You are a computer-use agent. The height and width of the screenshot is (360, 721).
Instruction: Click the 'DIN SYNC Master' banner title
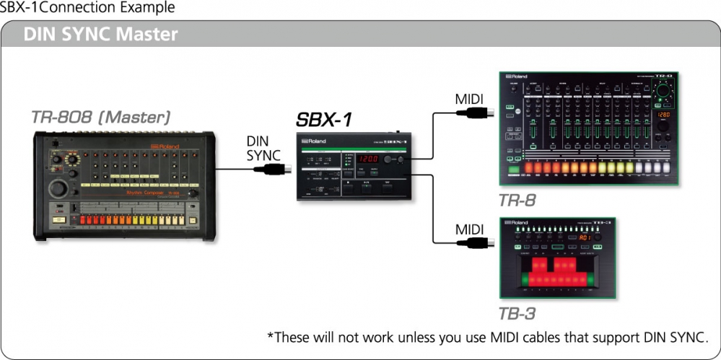[100, 34]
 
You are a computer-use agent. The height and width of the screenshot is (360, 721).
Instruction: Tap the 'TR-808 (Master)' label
[100, 116]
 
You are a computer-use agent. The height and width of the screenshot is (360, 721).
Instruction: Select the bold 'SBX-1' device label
[324, 120]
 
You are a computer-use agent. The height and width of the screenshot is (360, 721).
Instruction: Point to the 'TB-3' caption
[517, 314]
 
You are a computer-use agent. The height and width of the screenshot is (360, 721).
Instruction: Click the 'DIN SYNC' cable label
[263, 149]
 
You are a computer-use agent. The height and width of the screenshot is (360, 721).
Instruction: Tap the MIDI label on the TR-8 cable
[469, 99]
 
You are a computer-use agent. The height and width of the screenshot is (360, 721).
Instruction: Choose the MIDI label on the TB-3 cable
[469, 229]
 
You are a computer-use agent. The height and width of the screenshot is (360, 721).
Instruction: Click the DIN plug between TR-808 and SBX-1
[274, 170]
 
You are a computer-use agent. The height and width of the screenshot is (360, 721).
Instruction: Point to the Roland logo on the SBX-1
[315, 140]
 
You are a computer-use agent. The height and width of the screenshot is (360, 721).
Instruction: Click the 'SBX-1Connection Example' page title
[87, 8]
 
